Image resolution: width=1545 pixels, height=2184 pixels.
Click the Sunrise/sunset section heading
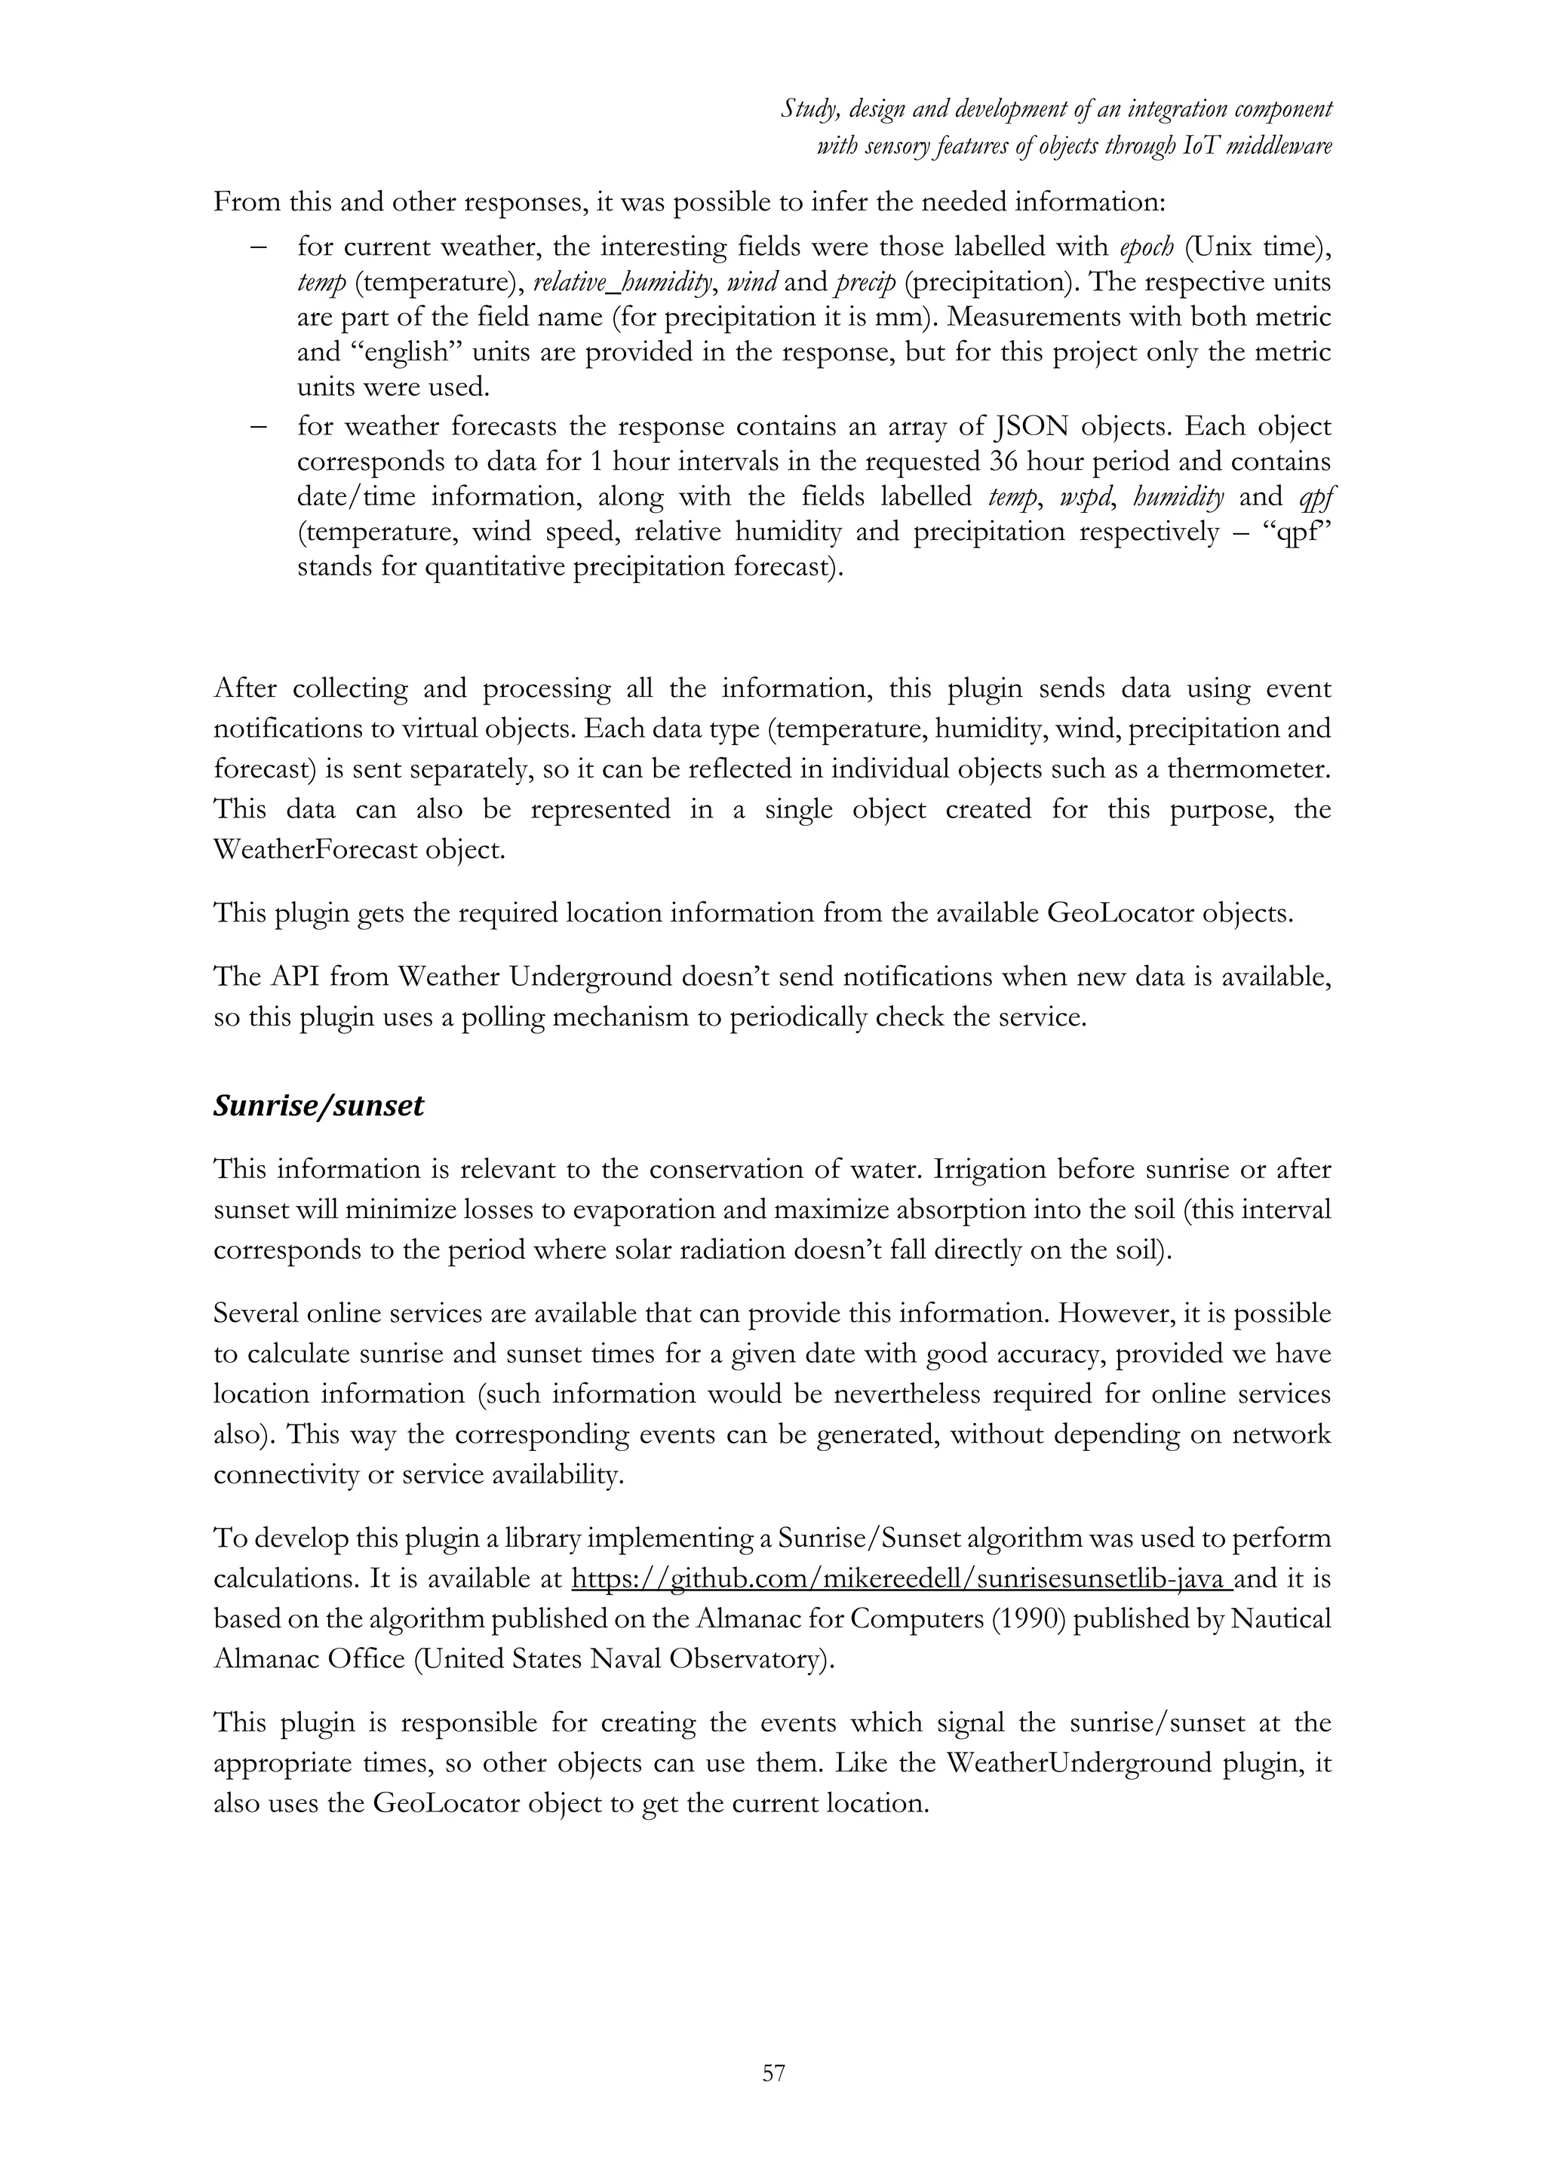[318, 1106]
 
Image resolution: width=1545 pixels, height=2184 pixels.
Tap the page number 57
[773, 2072]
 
